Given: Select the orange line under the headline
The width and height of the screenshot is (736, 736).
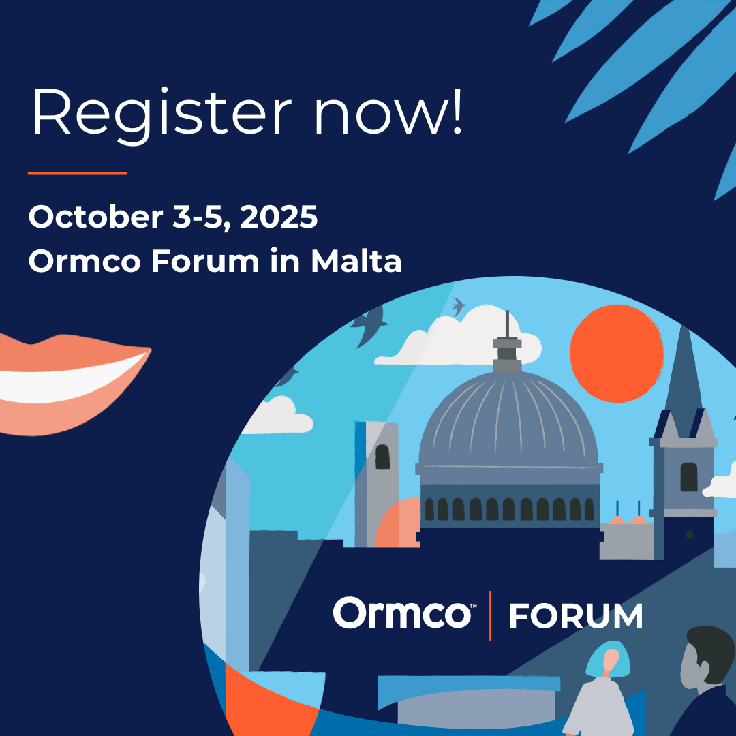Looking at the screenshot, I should (x=77, y=173).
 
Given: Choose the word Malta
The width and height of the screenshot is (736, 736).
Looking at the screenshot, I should (x=356, y=262).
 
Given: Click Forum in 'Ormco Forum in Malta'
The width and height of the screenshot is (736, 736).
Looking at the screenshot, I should (x=205, y=262).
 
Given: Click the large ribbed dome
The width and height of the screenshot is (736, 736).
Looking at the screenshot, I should (x=508, y=423).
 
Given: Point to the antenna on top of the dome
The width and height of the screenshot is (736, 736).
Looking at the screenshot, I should (x=506, y=327).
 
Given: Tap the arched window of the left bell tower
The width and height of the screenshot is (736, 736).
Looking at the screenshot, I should (x=382, y=457).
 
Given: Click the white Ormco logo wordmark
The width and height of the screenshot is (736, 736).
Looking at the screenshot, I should (x=402, y=613).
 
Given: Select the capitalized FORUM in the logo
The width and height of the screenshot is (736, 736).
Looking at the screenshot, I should (x=576, y=616).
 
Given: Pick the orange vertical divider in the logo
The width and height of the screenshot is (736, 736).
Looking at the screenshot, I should (x=490, y=615).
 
